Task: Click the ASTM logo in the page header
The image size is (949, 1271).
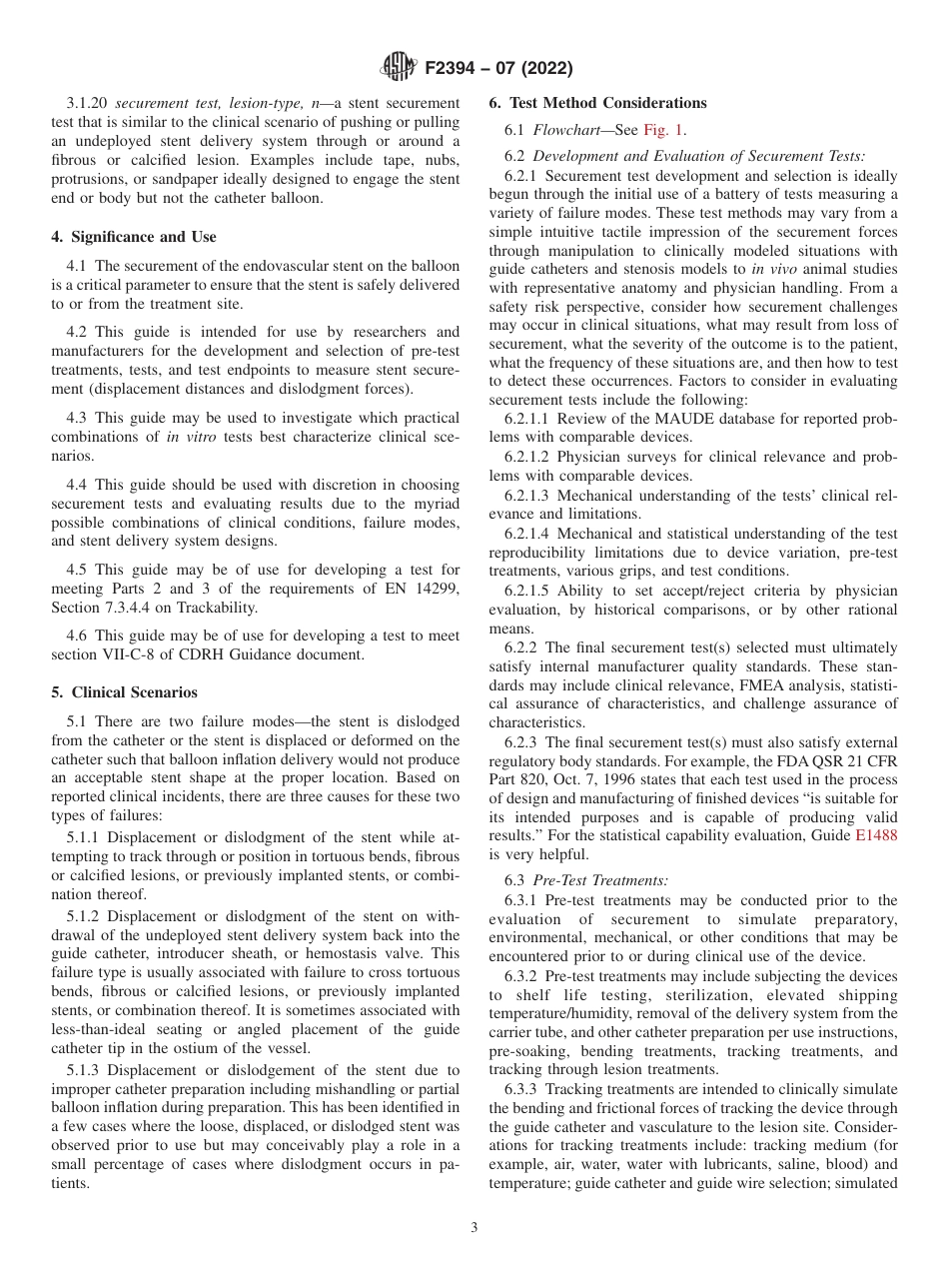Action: coord(399,68)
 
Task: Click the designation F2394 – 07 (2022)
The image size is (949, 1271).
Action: coord(498,69)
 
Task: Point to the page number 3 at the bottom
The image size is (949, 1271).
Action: coord(474,1228)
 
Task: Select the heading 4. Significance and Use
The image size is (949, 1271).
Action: coord(134,237)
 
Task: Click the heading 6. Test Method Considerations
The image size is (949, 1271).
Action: coord(597,103)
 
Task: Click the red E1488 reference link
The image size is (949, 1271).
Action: coord(876,836)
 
